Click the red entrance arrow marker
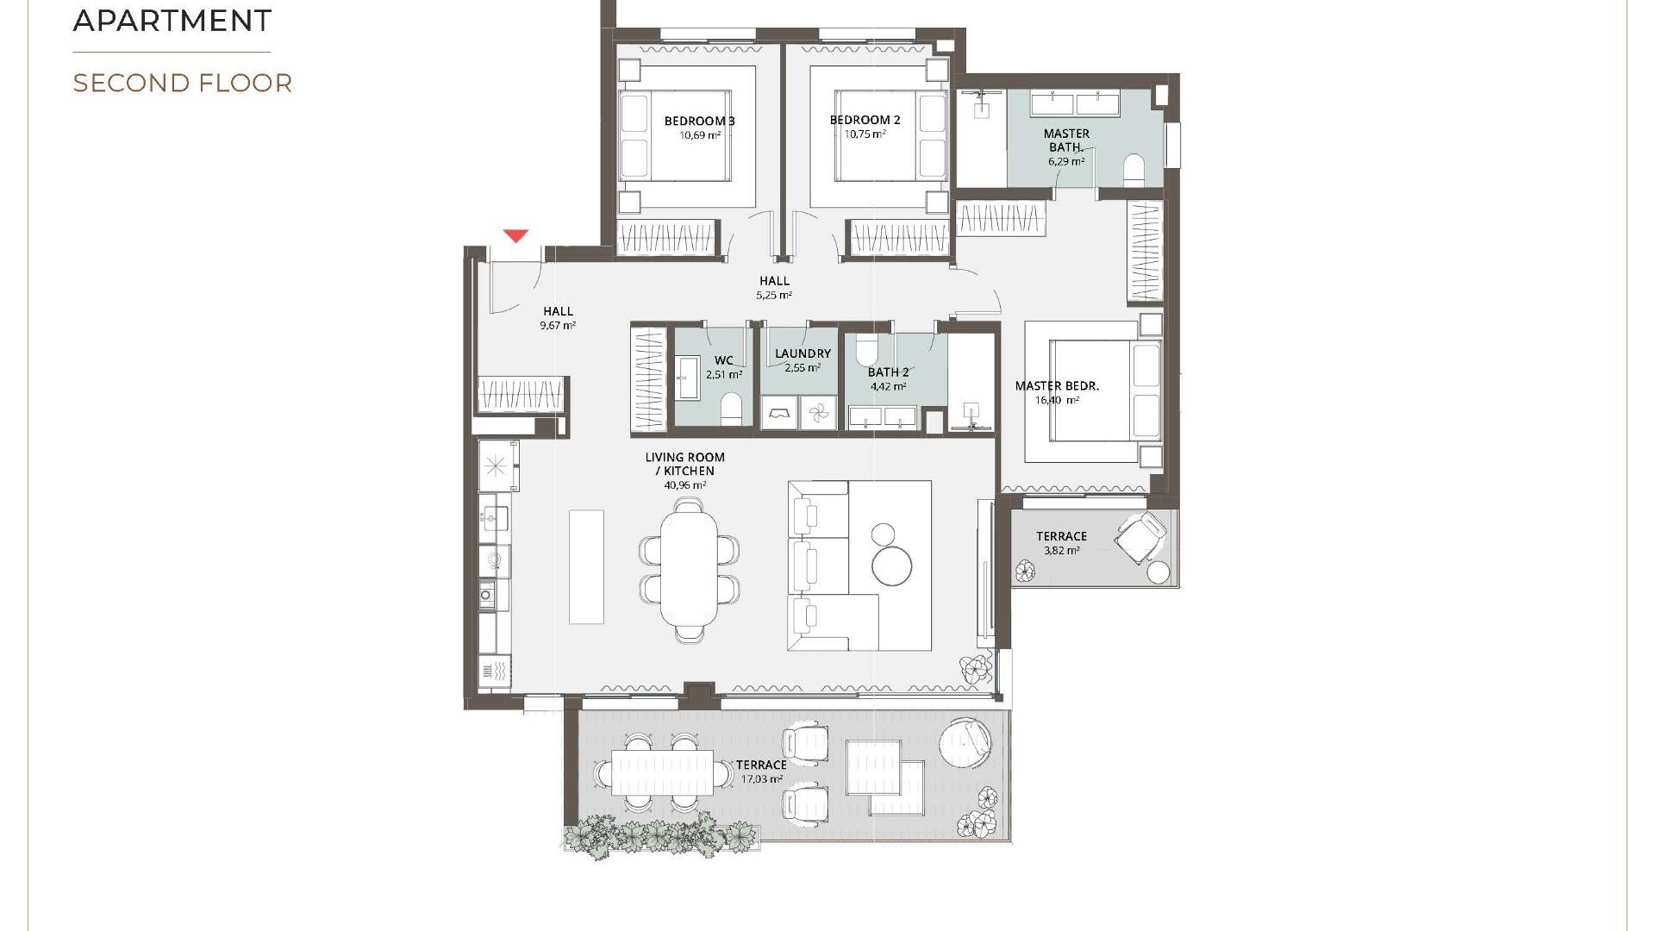515,235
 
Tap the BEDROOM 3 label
699,121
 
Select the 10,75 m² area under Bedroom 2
865,134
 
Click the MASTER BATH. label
1066,140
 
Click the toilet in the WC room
731,409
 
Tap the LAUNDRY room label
803,353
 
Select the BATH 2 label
888,372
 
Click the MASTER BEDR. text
1057,385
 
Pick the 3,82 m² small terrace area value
1061,550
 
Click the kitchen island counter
586,566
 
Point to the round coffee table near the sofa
891,565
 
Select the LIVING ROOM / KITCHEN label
685,464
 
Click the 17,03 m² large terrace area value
761,779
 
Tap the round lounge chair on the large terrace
965,742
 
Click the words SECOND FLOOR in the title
183,83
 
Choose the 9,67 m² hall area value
558,326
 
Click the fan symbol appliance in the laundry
818,413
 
